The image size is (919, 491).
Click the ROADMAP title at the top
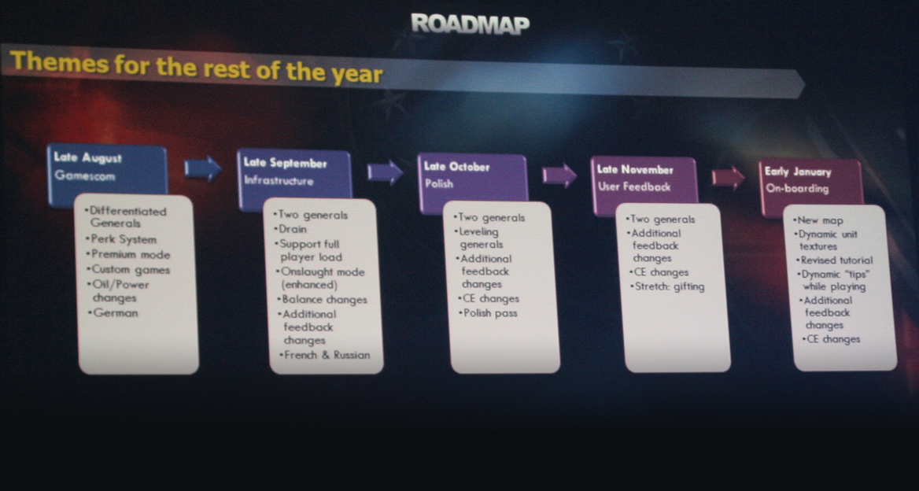(x=470, y=24)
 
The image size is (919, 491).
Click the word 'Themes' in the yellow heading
(x=60, y=62)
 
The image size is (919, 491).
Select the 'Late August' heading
(x=88, y=157)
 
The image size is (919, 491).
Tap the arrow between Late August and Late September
(x=203, y=168)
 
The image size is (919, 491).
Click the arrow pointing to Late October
(x=385, y=173)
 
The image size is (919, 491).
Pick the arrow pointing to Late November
(x=559, y=175)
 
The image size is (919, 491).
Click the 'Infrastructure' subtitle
(x=279, y=180)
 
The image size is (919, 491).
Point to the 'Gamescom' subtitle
(x=85, y=175)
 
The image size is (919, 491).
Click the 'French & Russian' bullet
(x=324, y=355)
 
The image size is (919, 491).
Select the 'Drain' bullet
(x=290, y=229)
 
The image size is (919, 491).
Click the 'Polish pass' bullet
(x=488, y=313)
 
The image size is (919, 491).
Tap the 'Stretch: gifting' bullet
(x=667, y=286)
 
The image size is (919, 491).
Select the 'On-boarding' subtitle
(x=797, y=189)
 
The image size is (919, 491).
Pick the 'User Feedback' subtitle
(x=634, y=187)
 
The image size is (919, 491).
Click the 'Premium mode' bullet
(x=127, y=254)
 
